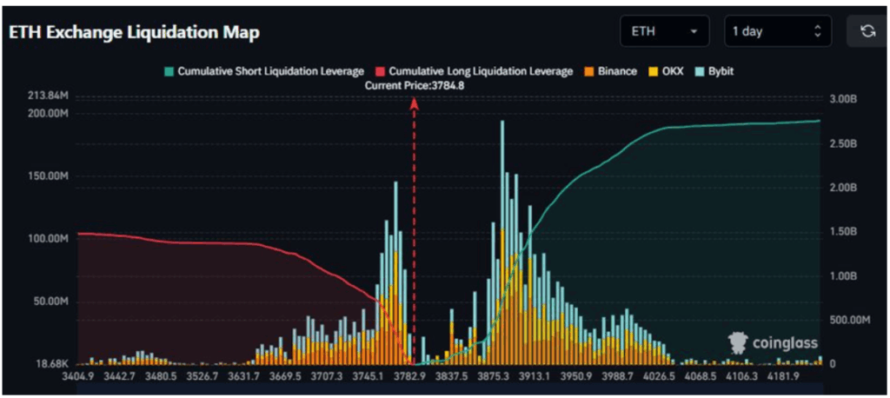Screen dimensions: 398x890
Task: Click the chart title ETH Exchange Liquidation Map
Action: click(135, 32)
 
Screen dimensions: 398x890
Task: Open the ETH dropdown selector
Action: click(665, 31)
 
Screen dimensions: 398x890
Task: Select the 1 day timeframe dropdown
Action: click(777, 31)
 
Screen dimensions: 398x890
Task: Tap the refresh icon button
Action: click(867, 31)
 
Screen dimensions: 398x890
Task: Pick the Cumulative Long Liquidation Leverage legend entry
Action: click(473, 71)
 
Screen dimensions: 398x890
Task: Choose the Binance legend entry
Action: click(613, 71)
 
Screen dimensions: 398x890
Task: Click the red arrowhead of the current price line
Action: click(415, 103)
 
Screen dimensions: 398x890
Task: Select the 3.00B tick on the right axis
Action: click(845, 99)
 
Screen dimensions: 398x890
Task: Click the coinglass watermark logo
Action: click(773, 343)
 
